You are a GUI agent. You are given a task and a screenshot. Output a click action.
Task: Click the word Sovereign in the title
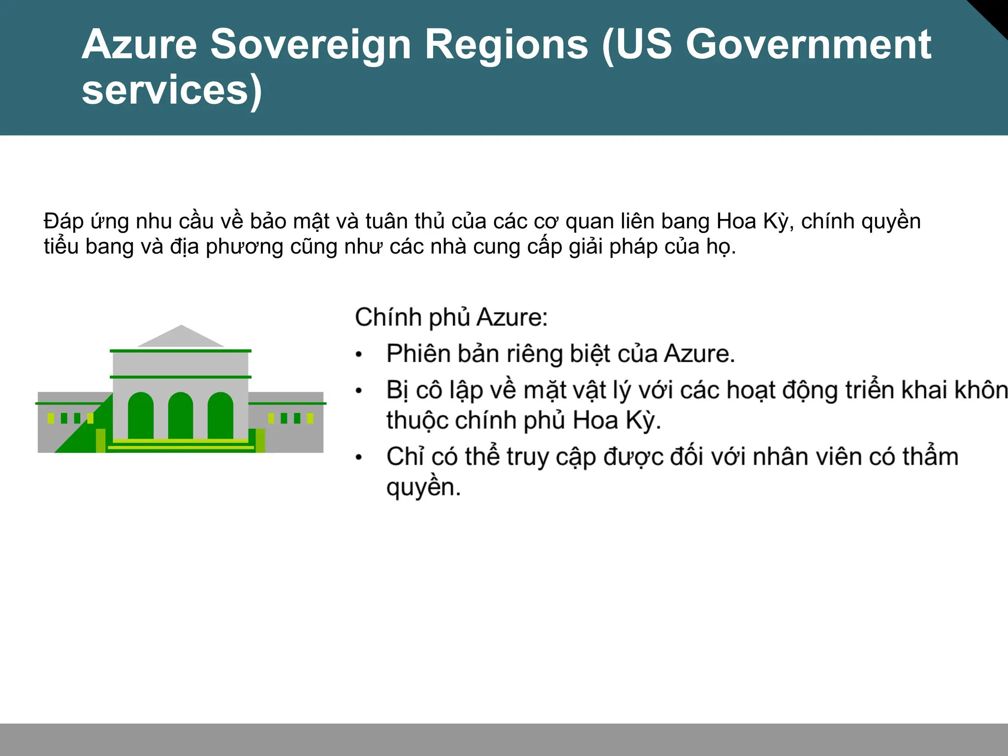[x=311, y=45]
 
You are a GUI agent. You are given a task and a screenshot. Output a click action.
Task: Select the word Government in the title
[x=808, y=45]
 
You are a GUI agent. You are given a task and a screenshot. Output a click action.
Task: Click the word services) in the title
[x=172, y=91]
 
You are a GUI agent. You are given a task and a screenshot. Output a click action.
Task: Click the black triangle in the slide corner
[x=994, y=12]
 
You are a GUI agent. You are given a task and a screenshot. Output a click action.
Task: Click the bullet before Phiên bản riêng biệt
[x=359, y=355]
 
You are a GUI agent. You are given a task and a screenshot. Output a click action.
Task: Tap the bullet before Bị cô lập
[x=359, y=391]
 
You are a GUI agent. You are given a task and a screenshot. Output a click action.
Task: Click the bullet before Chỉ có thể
[x=359, y=458]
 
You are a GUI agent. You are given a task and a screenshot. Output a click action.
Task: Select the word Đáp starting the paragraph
[x=63, y=221]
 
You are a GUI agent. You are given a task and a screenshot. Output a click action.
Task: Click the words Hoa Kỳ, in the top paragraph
[x=755, y=221]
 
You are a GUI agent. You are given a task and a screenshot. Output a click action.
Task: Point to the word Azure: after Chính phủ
[x=512, y=317]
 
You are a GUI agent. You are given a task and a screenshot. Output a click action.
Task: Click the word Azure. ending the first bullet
[x=699, y=354]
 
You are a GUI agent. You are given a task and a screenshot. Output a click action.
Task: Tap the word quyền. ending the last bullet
[x=423, y=488]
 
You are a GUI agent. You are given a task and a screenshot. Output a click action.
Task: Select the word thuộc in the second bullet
[x=417, y=421]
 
